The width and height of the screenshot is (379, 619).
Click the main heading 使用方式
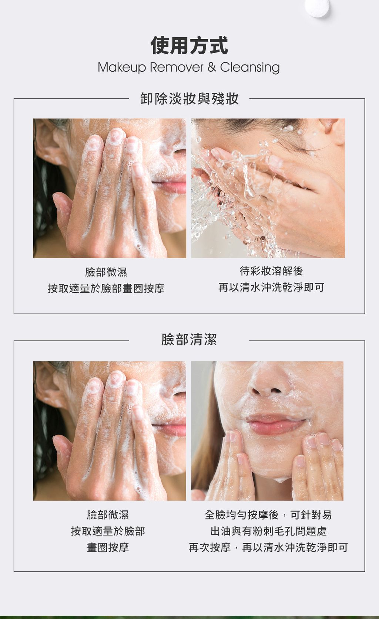pos(189,46)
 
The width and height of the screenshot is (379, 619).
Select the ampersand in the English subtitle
pos(212,67)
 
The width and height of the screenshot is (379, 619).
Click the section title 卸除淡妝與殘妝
pos(189,99)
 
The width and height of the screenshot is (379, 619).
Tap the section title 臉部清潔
pos(189,339)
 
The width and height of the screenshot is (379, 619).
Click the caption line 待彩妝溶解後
pos(271,271)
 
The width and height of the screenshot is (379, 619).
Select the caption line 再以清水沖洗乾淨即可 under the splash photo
pos(271,287)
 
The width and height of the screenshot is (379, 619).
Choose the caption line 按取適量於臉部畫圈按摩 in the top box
pos(106,288)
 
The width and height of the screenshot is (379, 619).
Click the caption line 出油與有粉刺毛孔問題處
pos(269,531)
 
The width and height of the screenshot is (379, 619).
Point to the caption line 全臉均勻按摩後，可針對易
pos(269,514)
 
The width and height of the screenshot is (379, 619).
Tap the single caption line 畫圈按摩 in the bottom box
pos(108,547)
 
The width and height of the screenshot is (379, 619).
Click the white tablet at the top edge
pos(317,7)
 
